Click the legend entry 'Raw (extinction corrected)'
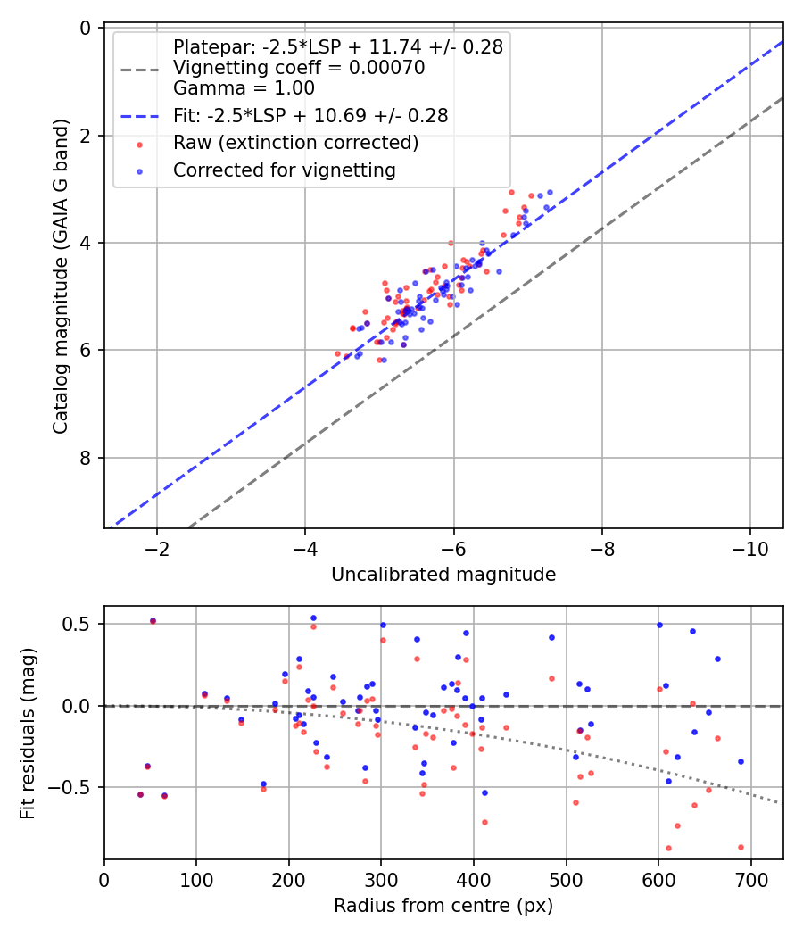(x=295, y=143)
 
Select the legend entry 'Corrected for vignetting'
(x=285, y=170)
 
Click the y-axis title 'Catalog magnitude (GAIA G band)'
(x=60, y=278)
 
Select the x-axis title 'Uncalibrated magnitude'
(x=443, y=575)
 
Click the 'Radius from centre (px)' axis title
(x=443, y=906)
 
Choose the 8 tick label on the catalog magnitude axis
(x=86, y=458)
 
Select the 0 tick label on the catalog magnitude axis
(x=86, y=28)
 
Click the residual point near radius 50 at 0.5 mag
(x=153, y=620)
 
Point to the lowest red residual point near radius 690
(x=741, y=847)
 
